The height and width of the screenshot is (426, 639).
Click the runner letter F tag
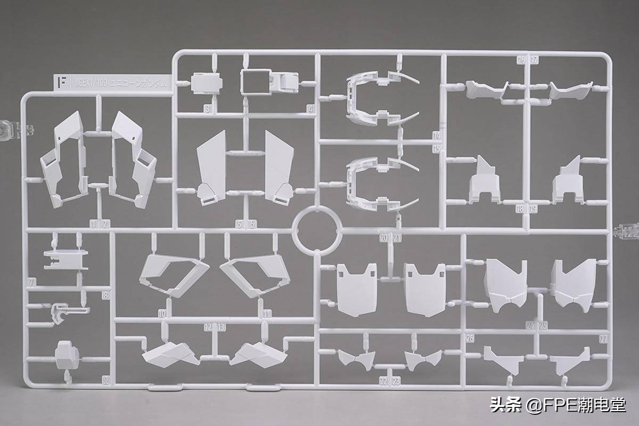point(62,83)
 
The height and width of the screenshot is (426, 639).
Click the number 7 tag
point(32,282)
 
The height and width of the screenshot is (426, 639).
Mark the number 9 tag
point(105,380)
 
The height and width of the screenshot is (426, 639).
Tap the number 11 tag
point(267,314)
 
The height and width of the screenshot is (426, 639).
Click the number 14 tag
point(437,136)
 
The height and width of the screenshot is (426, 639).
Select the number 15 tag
point(437,149)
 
